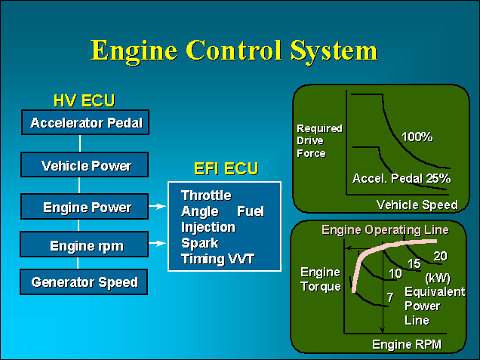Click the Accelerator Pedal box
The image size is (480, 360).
[x=85, y=122]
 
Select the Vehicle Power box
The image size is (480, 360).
[x=85, y=165]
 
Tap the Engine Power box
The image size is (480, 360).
[x=85, y=207]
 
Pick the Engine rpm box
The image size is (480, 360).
[x=85, y=245]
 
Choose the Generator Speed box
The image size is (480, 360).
[x=85, y=282]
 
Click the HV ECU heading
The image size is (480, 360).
[x=84, y=100]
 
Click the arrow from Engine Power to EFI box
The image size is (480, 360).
[x=158, y=205]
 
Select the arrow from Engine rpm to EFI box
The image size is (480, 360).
[x=158, y=243]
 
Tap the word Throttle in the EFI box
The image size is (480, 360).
[x=206, y=195]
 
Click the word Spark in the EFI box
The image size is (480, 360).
[x=199, y=243]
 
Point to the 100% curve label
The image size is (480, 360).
[x=417, y=137]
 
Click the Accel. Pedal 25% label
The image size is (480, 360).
[x=401, y=179]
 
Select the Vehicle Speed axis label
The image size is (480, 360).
[x=417, y=205]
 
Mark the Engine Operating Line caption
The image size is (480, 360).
[x=385, y=229]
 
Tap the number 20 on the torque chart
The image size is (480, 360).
[x=440, y=256]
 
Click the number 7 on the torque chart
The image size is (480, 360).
[x=389, y=298]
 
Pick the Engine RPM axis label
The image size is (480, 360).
[x=407, y=345]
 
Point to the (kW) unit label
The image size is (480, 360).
[x=438, y=277]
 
